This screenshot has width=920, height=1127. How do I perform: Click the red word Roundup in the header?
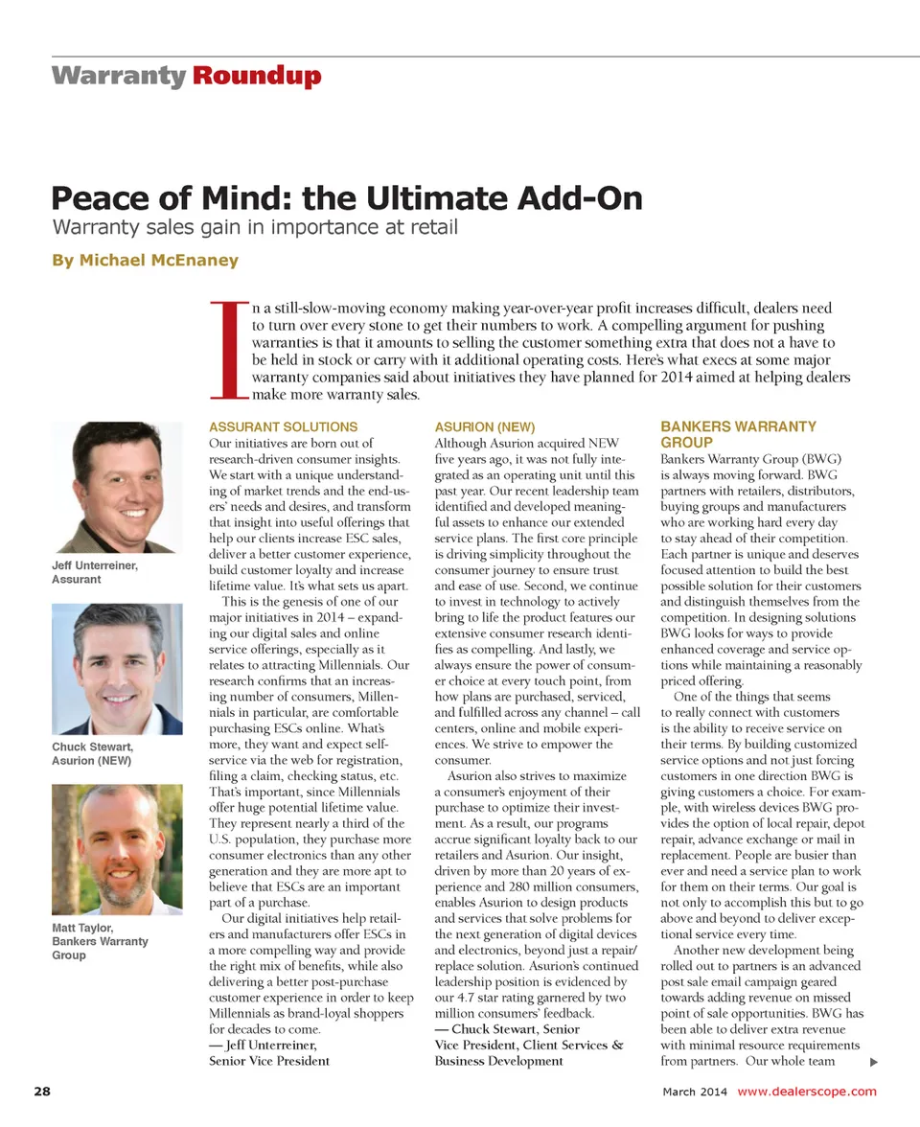point(257,77)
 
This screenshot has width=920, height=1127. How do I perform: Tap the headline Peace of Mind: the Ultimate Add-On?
point(346,198)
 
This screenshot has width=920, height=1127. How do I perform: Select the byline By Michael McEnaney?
point(145,261)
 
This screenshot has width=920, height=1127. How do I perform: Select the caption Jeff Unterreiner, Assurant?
point(95,572)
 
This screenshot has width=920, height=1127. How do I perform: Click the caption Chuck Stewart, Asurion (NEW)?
point(92,753)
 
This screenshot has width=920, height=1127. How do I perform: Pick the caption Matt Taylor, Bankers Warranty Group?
point(100,941)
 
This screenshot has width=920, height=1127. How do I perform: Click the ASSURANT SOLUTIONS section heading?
point(283,426)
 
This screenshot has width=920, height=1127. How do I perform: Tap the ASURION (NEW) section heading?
point(484,426)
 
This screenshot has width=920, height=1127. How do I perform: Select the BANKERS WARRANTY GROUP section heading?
point(738,434)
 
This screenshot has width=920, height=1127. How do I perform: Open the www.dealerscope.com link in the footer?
point(807,1092)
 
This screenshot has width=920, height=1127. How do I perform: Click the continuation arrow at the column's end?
point(873,1062)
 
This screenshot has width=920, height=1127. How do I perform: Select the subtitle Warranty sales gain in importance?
point(255,228)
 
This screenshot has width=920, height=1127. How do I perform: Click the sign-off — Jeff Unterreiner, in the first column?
point(263,1045)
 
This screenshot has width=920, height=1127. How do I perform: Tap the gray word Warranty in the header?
point(119,77)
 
